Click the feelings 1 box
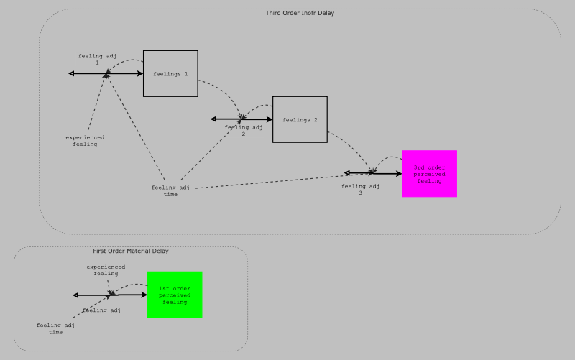[x=170, y=73]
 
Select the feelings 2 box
[x=300, y=119]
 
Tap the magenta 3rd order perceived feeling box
[x=429, y=173]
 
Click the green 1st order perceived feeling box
[x=175, y=295]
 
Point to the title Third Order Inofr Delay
[x=300, y=13]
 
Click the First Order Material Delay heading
[x=131, y=251]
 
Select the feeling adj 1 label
[x=97, y=59]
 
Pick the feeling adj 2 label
[x=243, y=131]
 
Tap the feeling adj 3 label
[x=360, y=189]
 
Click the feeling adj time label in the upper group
[x=170, y=190]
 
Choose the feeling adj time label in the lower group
[x=55, y=328]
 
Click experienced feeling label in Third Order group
[x=85, y=140]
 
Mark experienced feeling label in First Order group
[x=106, y=269]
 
